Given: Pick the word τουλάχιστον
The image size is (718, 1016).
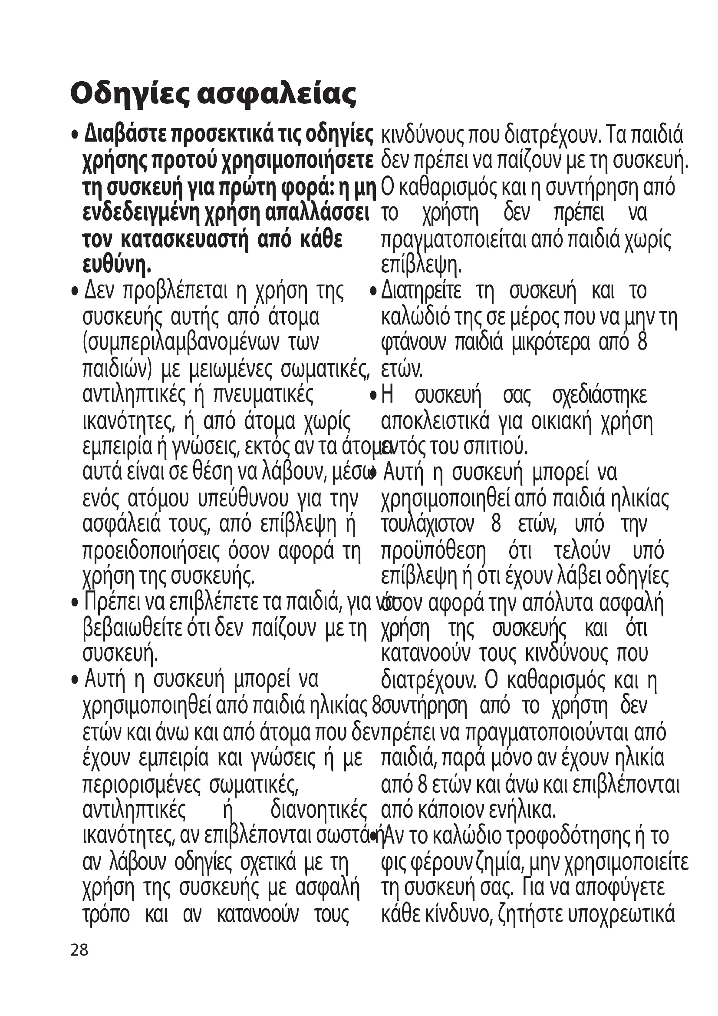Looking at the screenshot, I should click(428, 525).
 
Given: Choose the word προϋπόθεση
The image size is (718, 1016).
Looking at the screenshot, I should click(434, 551).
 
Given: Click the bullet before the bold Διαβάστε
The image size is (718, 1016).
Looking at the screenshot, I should click(76, 135).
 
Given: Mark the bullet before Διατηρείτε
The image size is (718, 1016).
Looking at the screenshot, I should click(374, 291).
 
